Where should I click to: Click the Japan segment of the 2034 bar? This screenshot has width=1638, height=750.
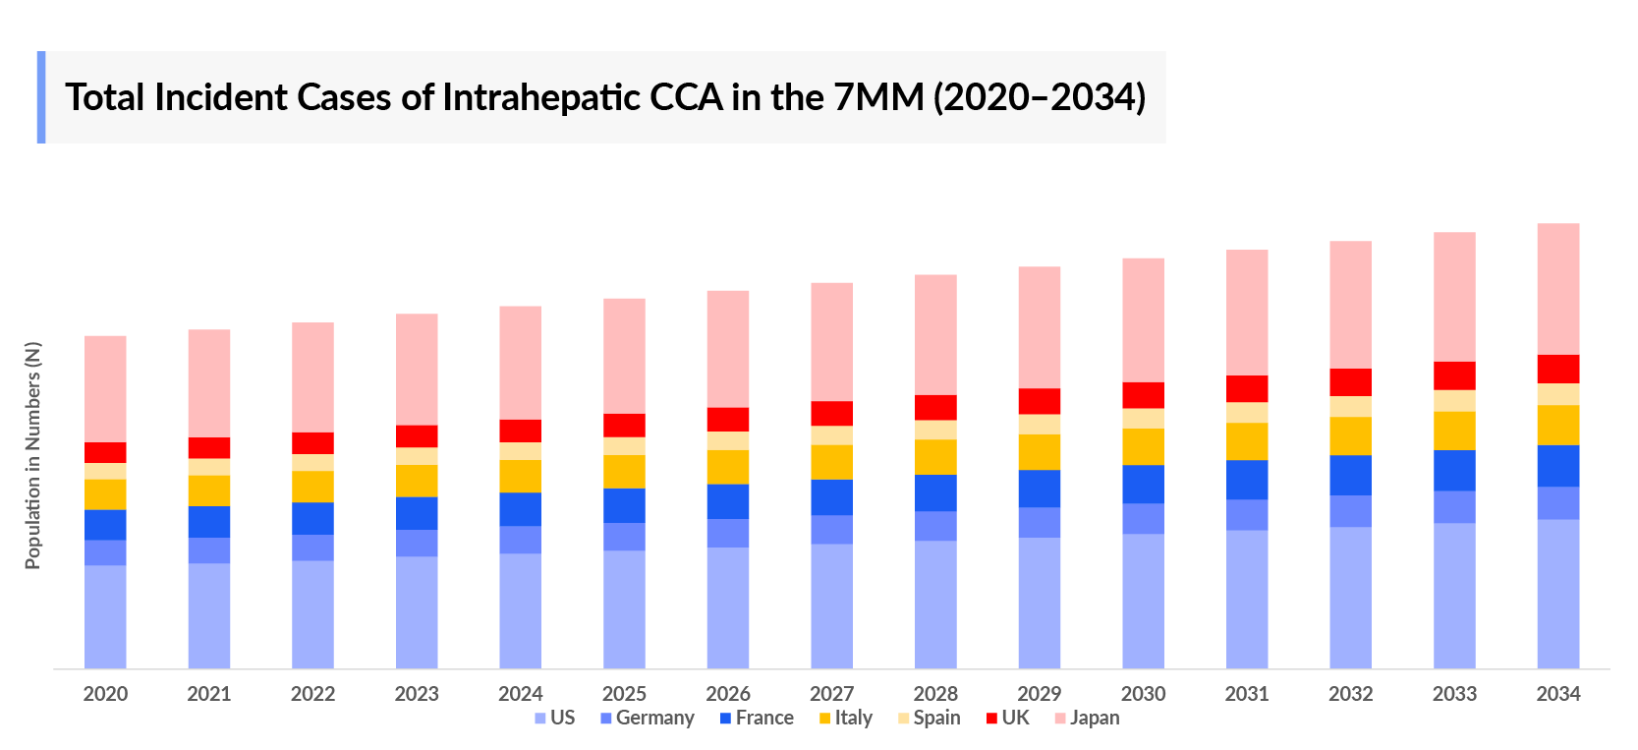pos(1557,288)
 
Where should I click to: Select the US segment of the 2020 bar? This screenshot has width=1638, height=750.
pos(105,616)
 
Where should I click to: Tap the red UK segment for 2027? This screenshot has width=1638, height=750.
pos(831,413)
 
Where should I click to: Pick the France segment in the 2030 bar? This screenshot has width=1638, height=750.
pos(1143,484)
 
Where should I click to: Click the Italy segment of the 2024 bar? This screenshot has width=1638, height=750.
pos(520,476)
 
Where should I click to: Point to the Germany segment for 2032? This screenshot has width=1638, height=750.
pos(1350,510)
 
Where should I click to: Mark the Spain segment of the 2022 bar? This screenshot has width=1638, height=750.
pos(312,462)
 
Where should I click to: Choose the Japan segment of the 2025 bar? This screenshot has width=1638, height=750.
pos(624,355)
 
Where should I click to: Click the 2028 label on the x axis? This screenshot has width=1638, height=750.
pos(935,694)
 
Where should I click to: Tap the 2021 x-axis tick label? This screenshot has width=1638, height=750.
pos(209,694)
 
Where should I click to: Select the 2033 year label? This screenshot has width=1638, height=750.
pos(1454,694)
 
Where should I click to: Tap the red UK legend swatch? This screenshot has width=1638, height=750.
pos(991,719)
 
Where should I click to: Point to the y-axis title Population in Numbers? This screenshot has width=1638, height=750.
pos(33,455)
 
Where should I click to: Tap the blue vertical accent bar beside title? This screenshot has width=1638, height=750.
pos(41,97)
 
